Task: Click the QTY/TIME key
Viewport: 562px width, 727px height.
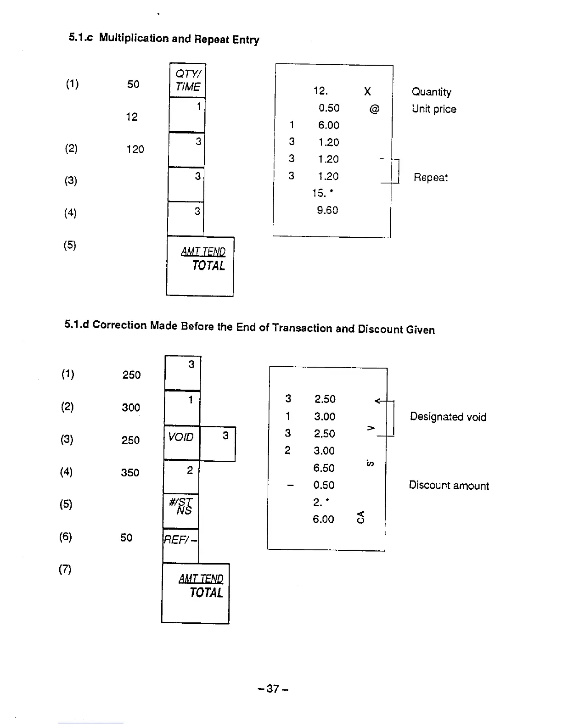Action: (187, 80)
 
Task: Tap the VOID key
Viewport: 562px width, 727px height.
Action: (181, 442)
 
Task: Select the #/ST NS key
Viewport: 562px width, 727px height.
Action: (181, 510)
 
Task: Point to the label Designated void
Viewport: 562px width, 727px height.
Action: (448, 417)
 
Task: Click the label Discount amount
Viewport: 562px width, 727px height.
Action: (449, 486)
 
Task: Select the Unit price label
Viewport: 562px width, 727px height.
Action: (434, 109)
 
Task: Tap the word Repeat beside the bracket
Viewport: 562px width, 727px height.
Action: (430, 178)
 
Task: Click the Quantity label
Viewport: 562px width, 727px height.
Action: (431, 92)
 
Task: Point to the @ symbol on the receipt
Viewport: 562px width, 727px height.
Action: (374, 109)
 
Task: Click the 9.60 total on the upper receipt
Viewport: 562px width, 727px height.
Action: (327, 210)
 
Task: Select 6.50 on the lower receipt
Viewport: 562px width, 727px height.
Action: (324, 468)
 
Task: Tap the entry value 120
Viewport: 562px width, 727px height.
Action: (135, 149)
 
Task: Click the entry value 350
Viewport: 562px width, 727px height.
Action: (130, 473)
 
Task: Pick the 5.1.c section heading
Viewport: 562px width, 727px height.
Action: (164, 39)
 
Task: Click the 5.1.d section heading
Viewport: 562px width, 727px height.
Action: (249, 327)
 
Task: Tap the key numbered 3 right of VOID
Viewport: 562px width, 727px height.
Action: (218, 444)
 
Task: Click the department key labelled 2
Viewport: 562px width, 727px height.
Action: (181, 477)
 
